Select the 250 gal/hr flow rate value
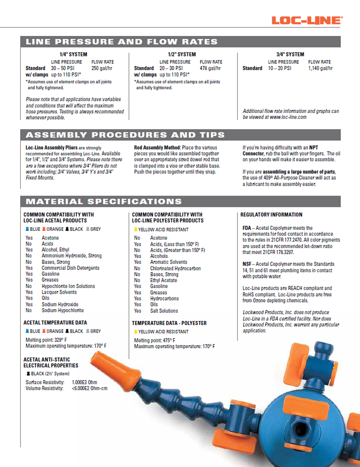click(102, 68)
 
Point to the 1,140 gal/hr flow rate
click(320, 68)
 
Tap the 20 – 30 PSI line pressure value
click(171, 68)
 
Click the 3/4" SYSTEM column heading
click(290, 54)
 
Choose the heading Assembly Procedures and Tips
click(125, 135)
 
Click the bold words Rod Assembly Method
click(157, 148)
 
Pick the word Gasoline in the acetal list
click(50, 274)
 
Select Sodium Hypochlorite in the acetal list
click(63, 310)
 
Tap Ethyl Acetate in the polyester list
click(163, 280)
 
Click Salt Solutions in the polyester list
click(164, 311)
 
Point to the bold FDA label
click(247, 228)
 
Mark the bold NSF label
click(247, 264)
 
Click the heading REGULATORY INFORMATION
click(271, 215)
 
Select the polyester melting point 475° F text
click(155, 340)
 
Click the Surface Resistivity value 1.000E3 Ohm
click(85, 382)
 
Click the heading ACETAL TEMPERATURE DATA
click(55, 323)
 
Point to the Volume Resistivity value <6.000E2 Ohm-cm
click(90, 388)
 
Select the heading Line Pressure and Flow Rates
click(121, 42)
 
